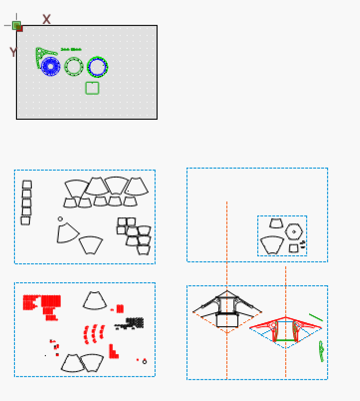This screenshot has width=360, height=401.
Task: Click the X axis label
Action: pos(46,19)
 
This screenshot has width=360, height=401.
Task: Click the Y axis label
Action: pos(13,52)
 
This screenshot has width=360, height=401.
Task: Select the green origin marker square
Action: pos(16,25)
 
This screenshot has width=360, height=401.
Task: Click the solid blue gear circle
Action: pos(50,66)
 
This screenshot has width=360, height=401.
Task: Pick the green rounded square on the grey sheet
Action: pos(92,88)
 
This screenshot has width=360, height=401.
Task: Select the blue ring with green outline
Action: pos(97,67)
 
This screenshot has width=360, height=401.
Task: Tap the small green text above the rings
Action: pos(71,49)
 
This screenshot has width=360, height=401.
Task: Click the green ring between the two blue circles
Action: pos(73,67)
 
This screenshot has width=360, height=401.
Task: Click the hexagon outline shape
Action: pos(294,231)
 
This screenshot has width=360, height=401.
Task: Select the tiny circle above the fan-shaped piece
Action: pos(60,219)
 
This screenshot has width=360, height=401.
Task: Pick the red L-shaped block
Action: pos(113,352)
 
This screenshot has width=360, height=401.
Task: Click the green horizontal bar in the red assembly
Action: pos(285,340)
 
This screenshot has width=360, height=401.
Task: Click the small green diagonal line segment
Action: pos(316,318)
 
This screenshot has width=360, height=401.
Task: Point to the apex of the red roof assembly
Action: pos(285,317)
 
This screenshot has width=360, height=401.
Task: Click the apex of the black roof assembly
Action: pos(227,291)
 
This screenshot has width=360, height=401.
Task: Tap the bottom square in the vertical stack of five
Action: pos(25,220)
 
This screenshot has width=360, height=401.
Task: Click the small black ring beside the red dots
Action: pos(145,362)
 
